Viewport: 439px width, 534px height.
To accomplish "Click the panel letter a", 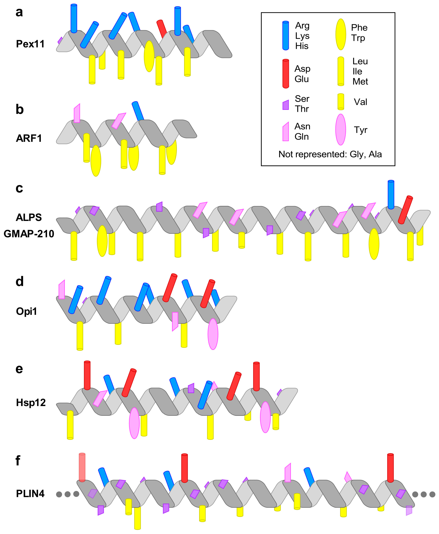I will pyautogui.click(x=19, y=12).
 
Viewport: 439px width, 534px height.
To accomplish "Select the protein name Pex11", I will pyautogui.click(x=30, y=44).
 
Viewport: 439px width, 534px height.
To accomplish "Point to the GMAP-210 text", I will pyautogui.click(x=29, y=234).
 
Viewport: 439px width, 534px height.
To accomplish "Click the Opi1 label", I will pyautogui.click(x=26, y=311).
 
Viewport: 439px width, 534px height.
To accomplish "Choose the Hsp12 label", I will pyautogui.click(x=31, y=403).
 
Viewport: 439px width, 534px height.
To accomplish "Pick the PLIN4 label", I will pyautogui.click(x=30, y=494).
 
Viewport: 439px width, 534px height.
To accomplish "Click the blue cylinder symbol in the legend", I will pyautogui.click(x=285, y=35).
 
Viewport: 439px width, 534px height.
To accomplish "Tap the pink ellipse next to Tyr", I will pyautogui.click(x=341, y=130).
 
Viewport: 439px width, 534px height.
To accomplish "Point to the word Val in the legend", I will pyautogui.click(x=360, y=102).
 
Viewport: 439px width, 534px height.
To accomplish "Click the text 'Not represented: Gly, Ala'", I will pyautogui.click(x=330, y=154).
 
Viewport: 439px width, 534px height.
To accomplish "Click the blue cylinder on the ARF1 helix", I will pyautogui.click(x=138, y=111).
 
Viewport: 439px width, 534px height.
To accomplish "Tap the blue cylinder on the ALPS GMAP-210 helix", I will pyautogui.click(x=391, y=195).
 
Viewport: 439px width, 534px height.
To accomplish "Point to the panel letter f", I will pyautogui.click(x=18, y=461).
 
